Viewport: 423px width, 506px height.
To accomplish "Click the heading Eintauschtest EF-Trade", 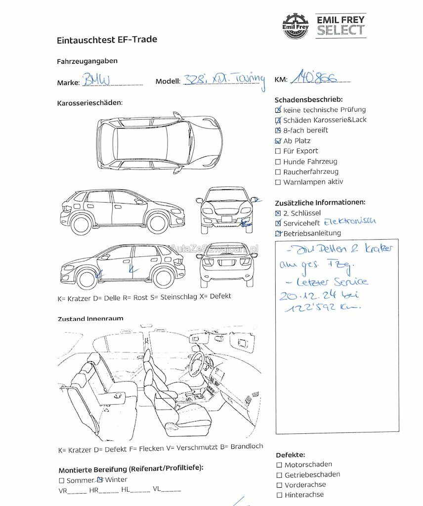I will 107,40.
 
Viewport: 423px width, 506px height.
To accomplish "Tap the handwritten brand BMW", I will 97,80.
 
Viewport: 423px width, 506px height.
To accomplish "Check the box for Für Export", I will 278,151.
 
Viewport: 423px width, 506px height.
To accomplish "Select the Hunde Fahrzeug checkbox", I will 278,162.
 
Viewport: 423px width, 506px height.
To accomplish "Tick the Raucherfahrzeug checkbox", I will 278,172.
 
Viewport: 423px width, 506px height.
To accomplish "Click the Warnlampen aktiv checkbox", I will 278,182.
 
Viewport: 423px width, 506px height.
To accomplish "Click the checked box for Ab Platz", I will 278,141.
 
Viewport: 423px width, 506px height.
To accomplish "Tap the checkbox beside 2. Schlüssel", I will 278,213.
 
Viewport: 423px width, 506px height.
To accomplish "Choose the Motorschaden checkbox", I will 279,464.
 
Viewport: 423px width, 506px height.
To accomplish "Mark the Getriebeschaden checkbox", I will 279,474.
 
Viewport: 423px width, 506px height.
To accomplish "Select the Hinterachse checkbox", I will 279,495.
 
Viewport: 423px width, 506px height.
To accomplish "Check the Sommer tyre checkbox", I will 61,480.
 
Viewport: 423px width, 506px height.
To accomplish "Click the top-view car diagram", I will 159,142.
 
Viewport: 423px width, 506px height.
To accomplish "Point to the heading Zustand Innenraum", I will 90,319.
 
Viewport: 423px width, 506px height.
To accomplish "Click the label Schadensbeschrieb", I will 308,100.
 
